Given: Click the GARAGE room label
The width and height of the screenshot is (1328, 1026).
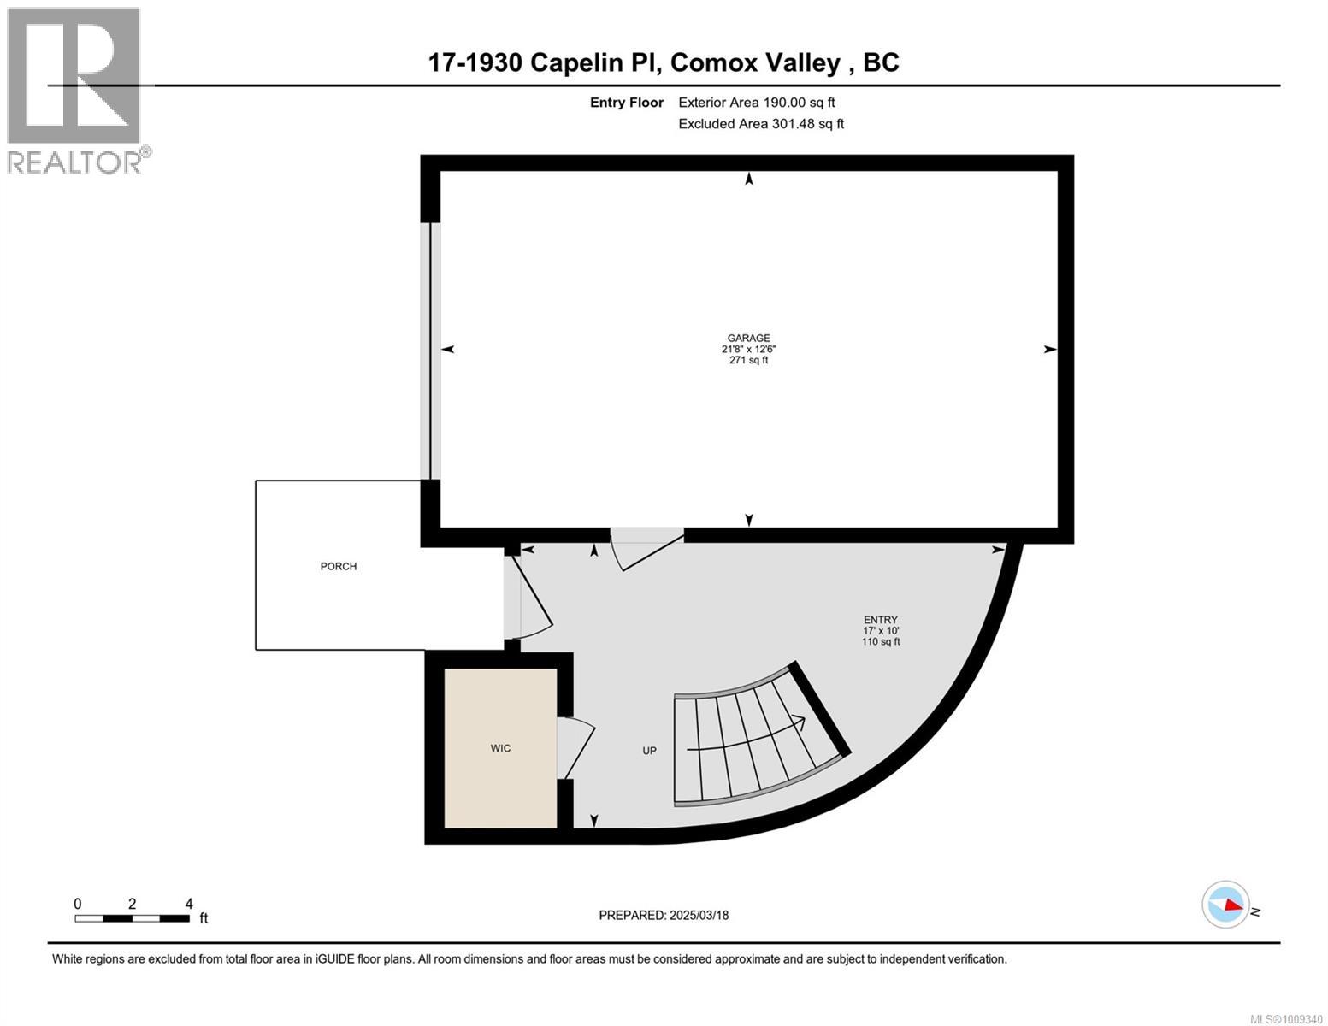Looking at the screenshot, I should click(x=748, y=339).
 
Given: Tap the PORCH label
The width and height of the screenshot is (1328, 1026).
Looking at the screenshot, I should click(x=338, y=566).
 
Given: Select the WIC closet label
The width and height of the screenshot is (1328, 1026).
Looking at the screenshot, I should click(x=500, y=748).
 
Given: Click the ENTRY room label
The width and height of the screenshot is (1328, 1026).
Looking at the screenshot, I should click(x=880, y=620).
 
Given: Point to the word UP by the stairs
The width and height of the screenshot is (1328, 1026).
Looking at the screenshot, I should click(x=649, y=751).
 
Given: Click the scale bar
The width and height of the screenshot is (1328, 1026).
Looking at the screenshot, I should click(x=132, y=918).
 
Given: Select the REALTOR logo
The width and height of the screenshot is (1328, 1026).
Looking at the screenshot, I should click(x=75, y=90).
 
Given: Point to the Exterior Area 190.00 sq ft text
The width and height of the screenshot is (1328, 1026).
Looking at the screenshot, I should click(x=756, y=103).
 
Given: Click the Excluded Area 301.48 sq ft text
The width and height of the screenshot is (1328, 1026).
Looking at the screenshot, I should click(x=760, y=124).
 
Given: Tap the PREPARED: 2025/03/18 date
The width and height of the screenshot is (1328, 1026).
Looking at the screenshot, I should click(x=664, y=915).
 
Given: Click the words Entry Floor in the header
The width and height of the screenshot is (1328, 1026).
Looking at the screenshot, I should click(x=626, y=103).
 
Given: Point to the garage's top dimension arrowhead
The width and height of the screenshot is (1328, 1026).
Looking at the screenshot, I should click(x=749, y=179).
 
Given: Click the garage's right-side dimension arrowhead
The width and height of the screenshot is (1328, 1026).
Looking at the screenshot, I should click(x=1050, y=349).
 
